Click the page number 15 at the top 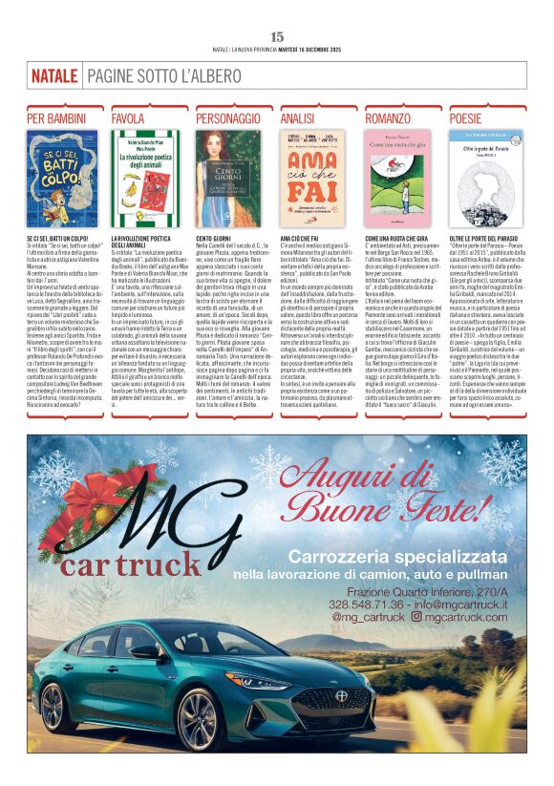277,36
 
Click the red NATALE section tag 53,75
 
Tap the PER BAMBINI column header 55,118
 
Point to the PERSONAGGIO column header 227,118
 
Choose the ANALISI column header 298,118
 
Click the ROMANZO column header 388,118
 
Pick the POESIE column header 466,118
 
